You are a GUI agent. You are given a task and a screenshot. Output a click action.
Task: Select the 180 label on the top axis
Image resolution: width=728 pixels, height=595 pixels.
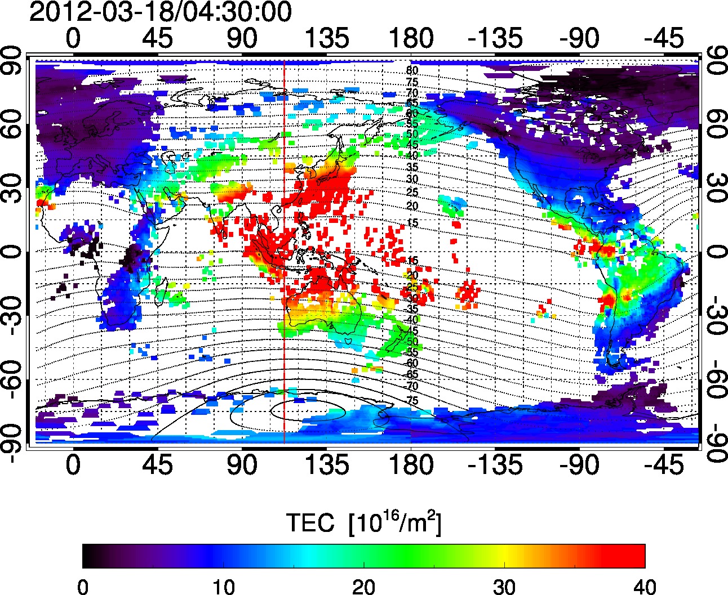411,39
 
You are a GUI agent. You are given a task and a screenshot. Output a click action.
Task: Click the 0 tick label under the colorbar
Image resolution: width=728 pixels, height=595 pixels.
83,587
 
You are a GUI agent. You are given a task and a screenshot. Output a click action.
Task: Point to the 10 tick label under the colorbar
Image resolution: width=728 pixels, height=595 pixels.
223,587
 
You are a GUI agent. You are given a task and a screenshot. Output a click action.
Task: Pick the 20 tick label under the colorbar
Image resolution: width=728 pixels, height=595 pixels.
364,587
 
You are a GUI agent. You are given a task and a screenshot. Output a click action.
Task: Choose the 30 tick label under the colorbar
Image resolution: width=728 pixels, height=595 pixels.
504,587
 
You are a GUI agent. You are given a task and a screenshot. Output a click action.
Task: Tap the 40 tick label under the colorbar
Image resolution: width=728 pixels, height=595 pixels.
644,587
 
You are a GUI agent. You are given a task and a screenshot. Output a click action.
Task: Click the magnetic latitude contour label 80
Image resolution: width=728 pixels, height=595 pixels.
412,71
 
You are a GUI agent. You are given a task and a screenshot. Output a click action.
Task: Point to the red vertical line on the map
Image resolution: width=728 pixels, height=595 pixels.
284,338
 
